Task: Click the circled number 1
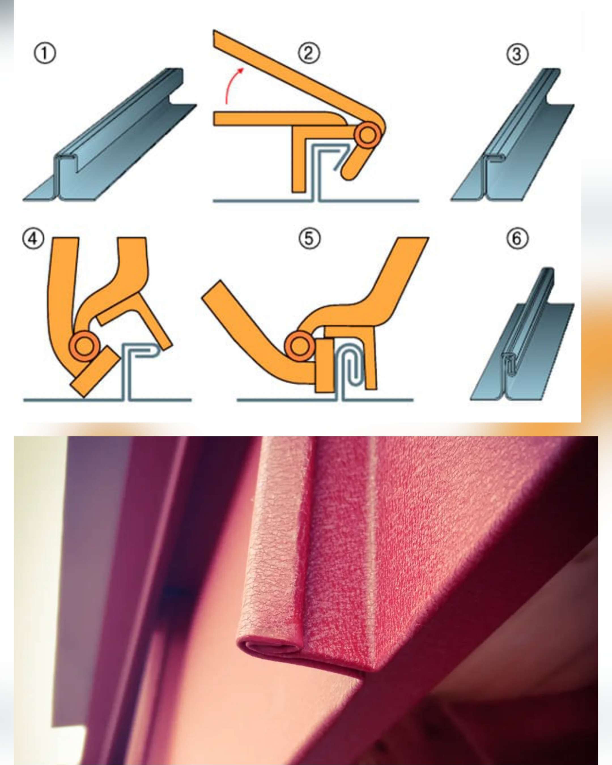[45, 54]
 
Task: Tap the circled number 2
[309, 54]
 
